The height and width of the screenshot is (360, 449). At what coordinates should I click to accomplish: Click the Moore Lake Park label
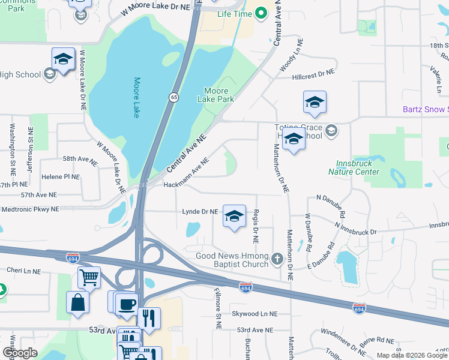(x=218, y=95)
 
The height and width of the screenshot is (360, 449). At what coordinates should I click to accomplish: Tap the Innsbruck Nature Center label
(x=354, y=167)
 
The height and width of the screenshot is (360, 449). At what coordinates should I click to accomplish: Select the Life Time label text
(x=234, y=13)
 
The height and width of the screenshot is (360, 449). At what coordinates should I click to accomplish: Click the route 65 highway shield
(x=172, y=97)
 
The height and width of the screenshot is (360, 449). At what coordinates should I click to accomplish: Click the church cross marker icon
(x=277, y=259)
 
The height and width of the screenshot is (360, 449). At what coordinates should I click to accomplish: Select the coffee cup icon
(x=126, y=304)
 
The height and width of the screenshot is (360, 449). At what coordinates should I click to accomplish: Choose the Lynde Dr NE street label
(x=200, y=212)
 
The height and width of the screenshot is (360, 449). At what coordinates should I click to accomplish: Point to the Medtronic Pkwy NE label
(x=30, y=209)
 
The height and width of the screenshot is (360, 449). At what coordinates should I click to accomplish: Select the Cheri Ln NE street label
(x=23, y=271)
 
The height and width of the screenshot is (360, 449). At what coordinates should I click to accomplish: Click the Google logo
(x=20, y=352)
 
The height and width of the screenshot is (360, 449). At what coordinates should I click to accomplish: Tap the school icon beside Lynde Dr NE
(x=234, y=216)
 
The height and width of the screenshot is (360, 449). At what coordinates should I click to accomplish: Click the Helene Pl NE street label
(x=60, y=177)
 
